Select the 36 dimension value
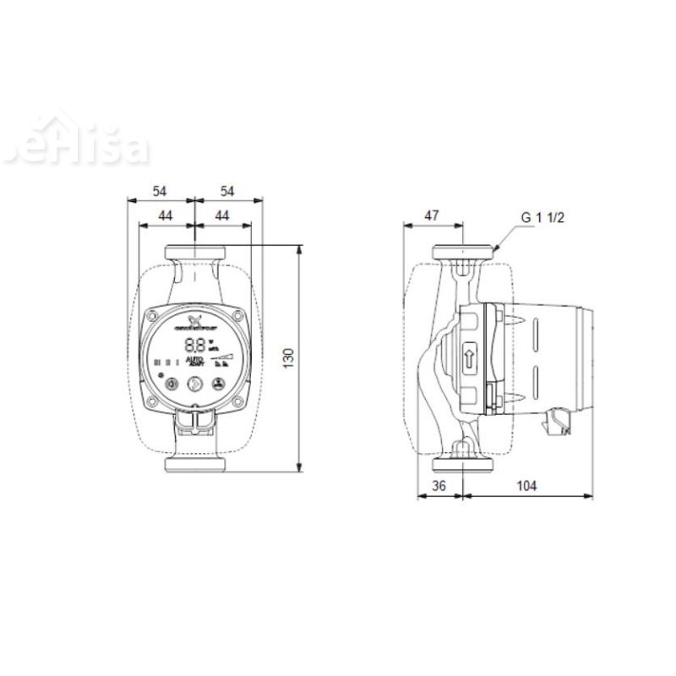(439, 486)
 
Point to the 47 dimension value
(432, 215)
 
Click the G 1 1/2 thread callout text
(542, 217)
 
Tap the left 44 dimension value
(165, 216)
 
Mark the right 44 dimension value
(222, 216)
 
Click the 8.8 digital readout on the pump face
(194, 344)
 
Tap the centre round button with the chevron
(194, 383)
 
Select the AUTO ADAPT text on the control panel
(194, 362)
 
